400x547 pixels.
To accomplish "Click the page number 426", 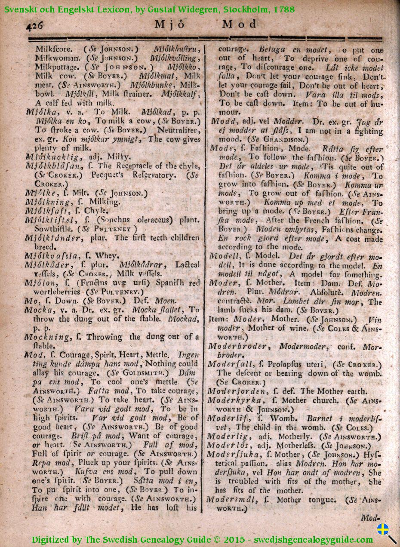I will coord(35,25).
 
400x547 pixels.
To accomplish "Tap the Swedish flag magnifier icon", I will coord(386,532).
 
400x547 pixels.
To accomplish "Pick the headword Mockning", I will coord(46,337).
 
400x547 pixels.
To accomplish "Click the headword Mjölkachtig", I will coord(49,157).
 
